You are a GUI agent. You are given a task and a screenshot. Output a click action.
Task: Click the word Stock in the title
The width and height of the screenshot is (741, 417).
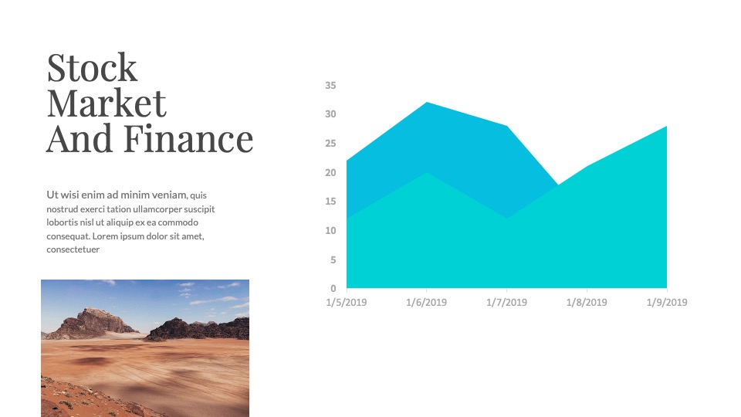[92, 68]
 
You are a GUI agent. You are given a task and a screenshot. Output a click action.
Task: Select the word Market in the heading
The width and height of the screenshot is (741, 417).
[107, 103]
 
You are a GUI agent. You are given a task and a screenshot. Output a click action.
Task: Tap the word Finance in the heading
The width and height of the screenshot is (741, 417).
[188, 138]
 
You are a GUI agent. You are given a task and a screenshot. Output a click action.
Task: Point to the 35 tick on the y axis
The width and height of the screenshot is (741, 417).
[330, 85]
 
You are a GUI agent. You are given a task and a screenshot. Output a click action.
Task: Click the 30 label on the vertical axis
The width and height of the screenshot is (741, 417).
[330, 114]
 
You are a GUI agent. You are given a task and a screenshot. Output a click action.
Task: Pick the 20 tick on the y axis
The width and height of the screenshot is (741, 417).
[330, 172]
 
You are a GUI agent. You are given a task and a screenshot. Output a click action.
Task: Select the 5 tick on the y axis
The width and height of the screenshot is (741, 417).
[333, 259]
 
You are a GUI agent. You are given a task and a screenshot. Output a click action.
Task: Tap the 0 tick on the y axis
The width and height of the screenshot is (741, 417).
[333, 288]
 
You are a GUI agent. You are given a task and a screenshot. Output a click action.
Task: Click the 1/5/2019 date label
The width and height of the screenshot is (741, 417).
[347, 302]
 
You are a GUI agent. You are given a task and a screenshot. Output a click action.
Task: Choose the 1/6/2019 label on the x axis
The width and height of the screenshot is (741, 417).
[426, 302]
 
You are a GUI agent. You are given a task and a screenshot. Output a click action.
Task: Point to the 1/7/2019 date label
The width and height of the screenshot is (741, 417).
[506, 302]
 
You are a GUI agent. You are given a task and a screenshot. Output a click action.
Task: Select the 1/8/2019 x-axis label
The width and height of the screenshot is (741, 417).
[587, 302]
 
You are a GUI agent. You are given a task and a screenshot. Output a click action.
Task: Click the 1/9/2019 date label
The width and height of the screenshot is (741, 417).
[667, 302]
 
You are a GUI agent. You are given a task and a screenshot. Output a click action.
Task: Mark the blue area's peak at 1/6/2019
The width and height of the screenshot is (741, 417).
[426, 102]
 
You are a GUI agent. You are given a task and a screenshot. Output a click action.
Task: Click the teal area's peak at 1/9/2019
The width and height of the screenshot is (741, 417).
[666, 126]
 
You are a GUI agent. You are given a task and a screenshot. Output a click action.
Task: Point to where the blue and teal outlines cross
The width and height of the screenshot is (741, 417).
[558, 185]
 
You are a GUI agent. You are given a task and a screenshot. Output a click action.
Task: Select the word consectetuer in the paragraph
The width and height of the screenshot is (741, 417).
[73, 249]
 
